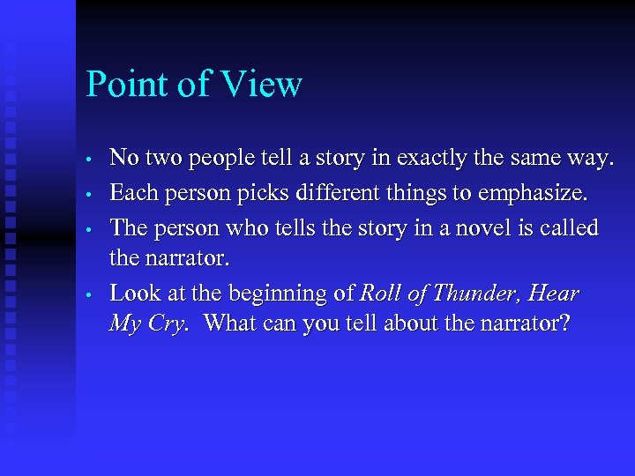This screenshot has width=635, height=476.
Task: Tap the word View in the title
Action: [x=263, y=85]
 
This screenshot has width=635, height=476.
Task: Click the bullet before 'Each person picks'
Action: [x=91, y=194]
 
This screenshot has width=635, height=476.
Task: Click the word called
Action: [x=569, y=228]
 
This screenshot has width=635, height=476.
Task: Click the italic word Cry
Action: [x=166, y=324]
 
